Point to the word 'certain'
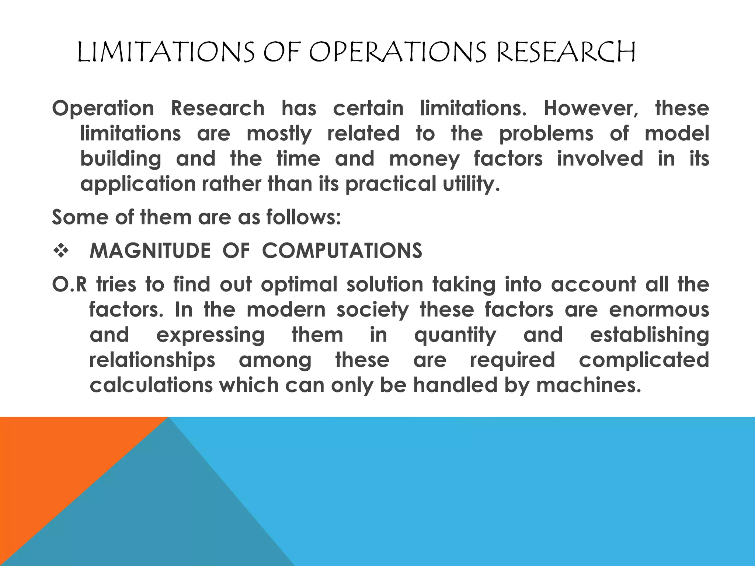click(368, 109)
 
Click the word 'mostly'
click(279, 134)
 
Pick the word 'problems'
click(546, 134)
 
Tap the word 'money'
click(424, 159)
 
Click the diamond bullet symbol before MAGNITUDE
click(60, 251)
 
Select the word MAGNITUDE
click(150, 251)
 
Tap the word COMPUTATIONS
click(342, 251)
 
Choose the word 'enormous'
click(659, 310)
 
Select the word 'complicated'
click(644, 360)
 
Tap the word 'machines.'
click(589, 385)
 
